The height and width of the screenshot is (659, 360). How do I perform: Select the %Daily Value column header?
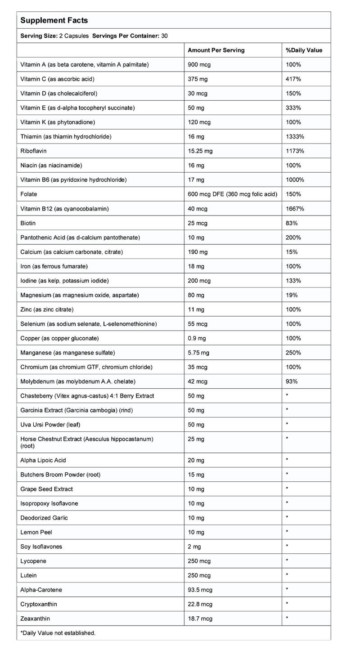[x=304, y=50]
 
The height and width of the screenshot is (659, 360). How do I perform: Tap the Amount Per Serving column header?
[x=216, y=50]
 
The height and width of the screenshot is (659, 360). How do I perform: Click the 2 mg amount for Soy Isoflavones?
[x=194, y=547]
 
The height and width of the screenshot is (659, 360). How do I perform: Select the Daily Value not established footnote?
[x=58, y=633]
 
